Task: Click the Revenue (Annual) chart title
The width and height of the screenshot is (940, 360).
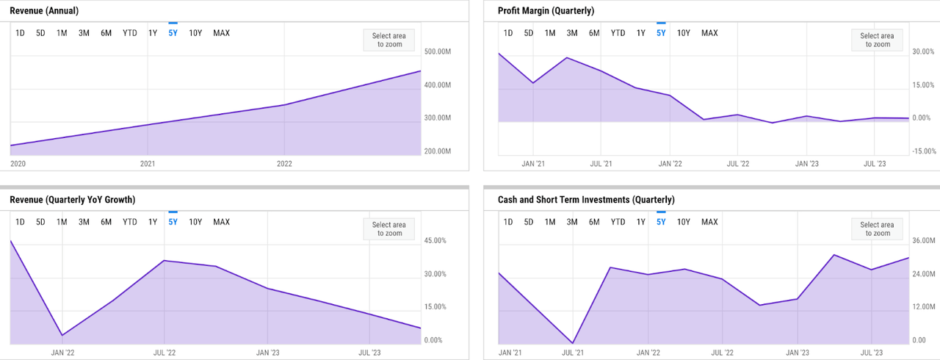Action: pos(44,11)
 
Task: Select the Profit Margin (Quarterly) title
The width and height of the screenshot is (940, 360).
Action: pos(546,11)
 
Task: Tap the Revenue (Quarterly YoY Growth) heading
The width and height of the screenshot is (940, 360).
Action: pos(72,200)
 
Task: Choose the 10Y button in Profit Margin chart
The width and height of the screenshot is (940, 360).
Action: pos(683,33)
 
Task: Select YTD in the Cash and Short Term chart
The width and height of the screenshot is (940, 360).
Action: pos(618,222)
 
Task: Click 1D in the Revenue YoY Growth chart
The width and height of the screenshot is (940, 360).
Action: pos(20,222)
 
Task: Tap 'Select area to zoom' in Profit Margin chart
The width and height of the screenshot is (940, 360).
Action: pos(876,40)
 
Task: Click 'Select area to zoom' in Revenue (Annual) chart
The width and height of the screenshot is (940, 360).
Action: pos(388,40)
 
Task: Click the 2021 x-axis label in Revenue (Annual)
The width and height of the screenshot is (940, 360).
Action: pos(148,164)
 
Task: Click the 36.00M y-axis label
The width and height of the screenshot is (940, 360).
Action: pos(922,241)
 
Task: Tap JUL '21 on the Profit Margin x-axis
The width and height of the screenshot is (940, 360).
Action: pos(601,164)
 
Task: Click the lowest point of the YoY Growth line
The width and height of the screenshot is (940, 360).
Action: pos(62,335)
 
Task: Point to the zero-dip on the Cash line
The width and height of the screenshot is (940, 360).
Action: pos(573,343)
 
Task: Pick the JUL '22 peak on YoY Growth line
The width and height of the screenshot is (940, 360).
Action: pos(164,261)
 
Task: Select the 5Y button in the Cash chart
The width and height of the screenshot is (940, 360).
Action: pos(660,222)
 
